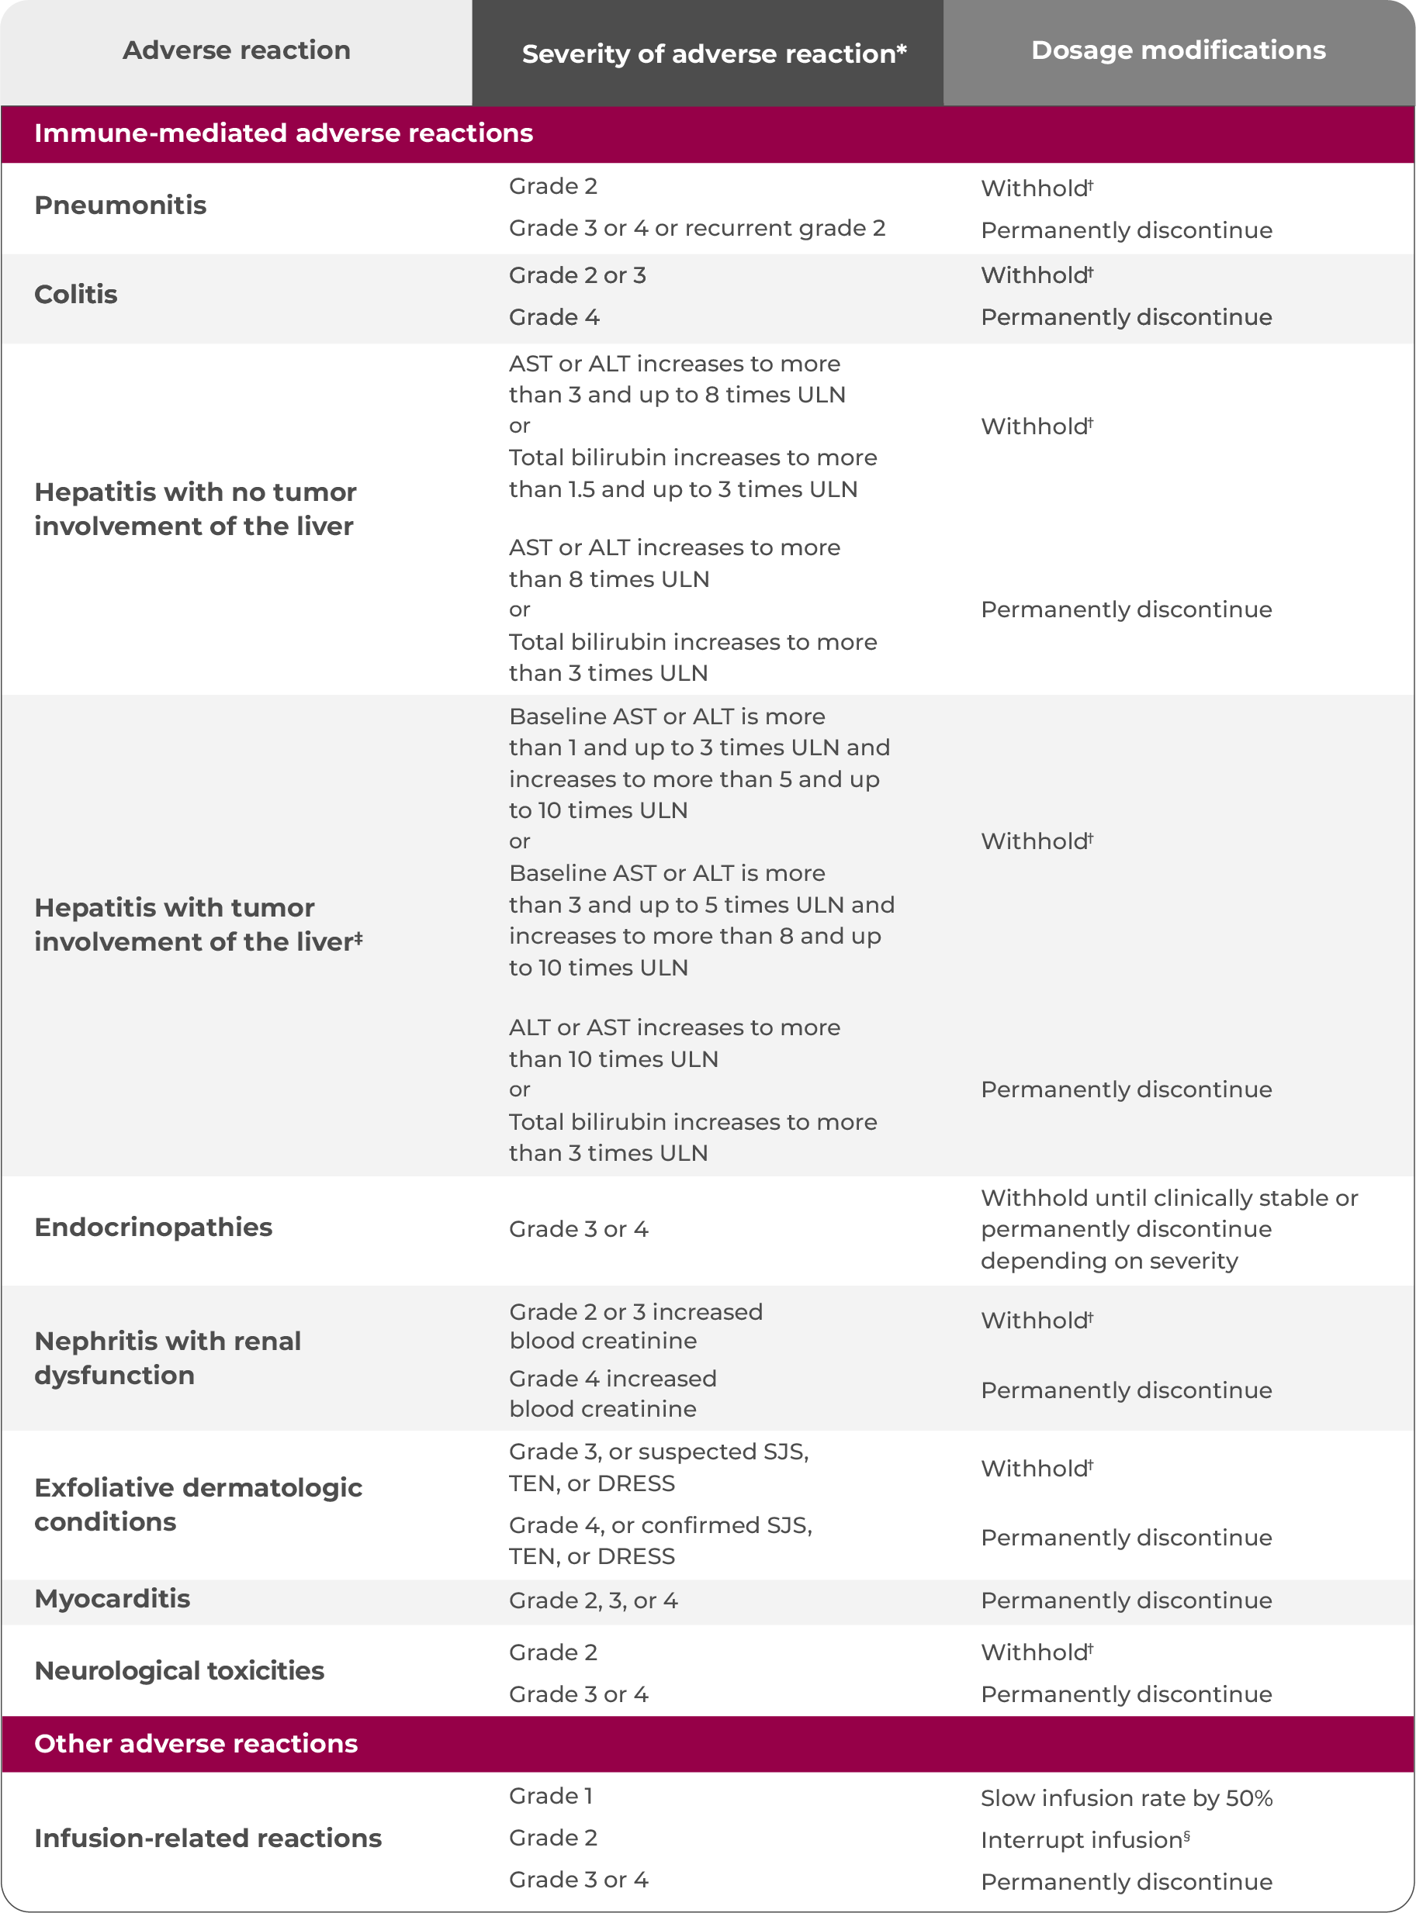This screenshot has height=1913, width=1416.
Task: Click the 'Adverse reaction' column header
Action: tap(236, 50)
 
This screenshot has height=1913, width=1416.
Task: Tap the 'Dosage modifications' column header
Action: tap(1178, 50)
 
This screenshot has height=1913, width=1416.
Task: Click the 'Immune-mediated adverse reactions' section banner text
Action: tap(283, 133)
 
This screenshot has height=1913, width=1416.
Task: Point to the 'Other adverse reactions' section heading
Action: tap(196, 1743)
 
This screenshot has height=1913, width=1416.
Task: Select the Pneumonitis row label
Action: tap(120, 205)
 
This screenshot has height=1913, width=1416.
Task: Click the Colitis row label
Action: tap(75, 295)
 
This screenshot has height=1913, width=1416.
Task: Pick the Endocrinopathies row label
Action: tap(153, 1228)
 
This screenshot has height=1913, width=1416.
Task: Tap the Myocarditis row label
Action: tap(112, 1599)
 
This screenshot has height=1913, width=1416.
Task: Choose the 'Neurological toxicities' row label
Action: tap(178, 1670)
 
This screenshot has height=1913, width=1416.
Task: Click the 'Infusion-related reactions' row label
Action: tap(207, 1838)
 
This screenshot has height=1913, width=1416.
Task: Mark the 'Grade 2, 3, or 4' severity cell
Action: tap(592, 1600)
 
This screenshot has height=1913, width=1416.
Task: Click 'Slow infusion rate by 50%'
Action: tap(1125, 1797)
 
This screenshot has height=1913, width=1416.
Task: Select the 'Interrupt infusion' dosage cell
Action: tap(1084, 1839)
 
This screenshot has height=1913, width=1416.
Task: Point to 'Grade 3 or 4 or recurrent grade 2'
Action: tap(696, 228)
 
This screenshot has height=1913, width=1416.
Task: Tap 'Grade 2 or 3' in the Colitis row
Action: tap(576, 275)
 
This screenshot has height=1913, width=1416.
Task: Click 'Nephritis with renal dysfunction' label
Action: tap(167, 1358)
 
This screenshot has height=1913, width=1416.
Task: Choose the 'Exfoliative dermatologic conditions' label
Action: tap(197, 1504)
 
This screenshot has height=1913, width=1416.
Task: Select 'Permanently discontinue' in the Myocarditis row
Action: tap(1125, 1600)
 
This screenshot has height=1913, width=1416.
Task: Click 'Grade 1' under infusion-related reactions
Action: tap(550, 1796)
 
